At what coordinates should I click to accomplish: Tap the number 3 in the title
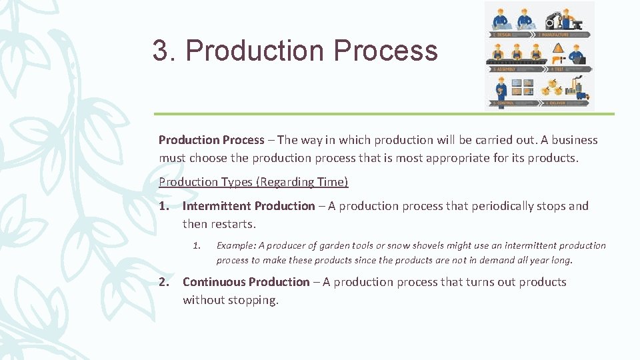160,51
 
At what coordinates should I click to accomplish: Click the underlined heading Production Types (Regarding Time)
253,182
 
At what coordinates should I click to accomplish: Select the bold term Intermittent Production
248,206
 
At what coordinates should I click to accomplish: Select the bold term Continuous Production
246,282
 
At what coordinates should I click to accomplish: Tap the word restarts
233,224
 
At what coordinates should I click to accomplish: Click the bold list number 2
164,282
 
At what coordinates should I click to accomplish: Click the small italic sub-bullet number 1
197,245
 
